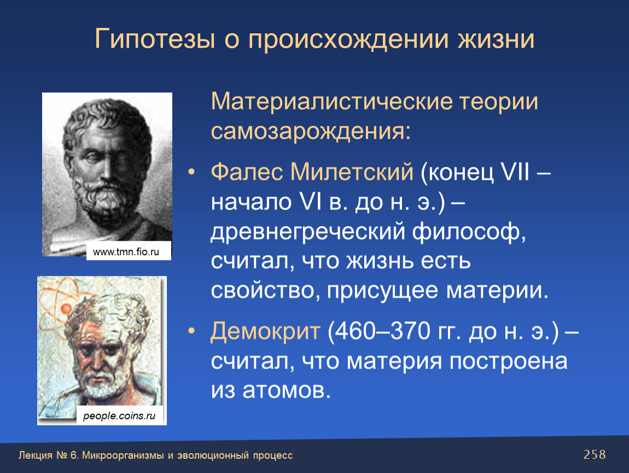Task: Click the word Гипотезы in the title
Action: point(155,39)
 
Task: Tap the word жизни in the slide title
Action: point(496,39)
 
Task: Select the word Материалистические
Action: point(329,101)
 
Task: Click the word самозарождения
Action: point(311,131)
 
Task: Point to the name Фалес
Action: point(246,171)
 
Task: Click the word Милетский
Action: point(352,171)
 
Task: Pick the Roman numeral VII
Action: point(515,171)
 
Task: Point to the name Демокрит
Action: point(265,331)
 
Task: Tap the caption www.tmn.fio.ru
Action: point(126,252)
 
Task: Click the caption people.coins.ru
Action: point(119,416)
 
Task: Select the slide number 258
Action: point(595,454)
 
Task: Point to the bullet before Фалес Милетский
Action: point(192,172)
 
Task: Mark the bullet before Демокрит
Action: point(192,331)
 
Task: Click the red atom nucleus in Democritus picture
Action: point(66,309)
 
